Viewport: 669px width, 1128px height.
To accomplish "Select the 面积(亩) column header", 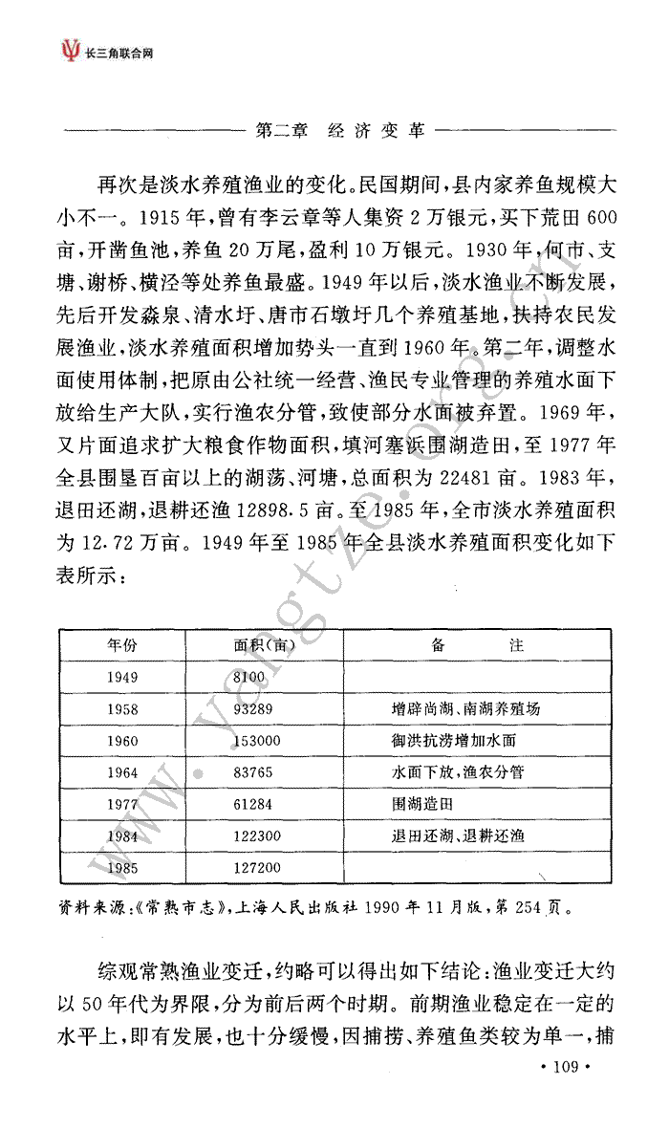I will click(x=263, y=645).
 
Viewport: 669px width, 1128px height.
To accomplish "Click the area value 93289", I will click(x=253, y=709).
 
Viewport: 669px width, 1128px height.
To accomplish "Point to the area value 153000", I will click(x=256, y=741).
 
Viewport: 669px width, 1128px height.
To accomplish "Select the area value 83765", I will click(x=253, y=772).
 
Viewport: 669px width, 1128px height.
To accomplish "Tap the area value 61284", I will click(x=253, y=804).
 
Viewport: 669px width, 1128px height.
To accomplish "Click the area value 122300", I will click(x=256, y=836).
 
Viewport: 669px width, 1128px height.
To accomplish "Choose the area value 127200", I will click(x=256, y=868).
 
